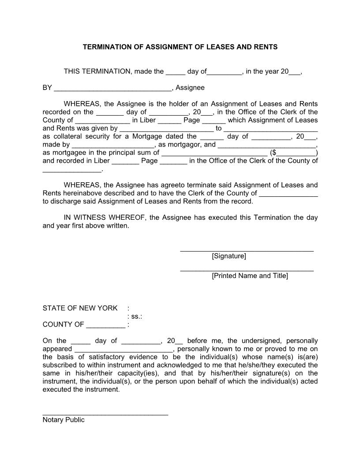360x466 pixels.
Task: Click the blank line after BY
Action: pos(112,88)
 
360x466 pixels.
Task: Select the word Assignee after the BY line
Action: pos(190,88)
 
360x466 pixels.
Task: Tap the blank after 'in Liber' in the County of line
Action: pos(169,121)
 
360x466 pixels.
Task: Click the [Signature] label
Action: pos(229,256)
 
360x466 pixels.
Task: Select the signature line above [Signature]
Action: pos(247,251)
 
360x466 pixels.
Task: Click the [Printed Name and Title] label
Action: pos(250,276)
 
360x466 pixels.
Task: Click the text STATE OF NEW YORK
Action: pos(80,308)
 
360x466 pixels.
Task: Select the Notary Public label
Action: pos(64,420)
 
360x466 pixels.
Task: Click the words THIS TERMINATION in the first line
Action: pos(97,71)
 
